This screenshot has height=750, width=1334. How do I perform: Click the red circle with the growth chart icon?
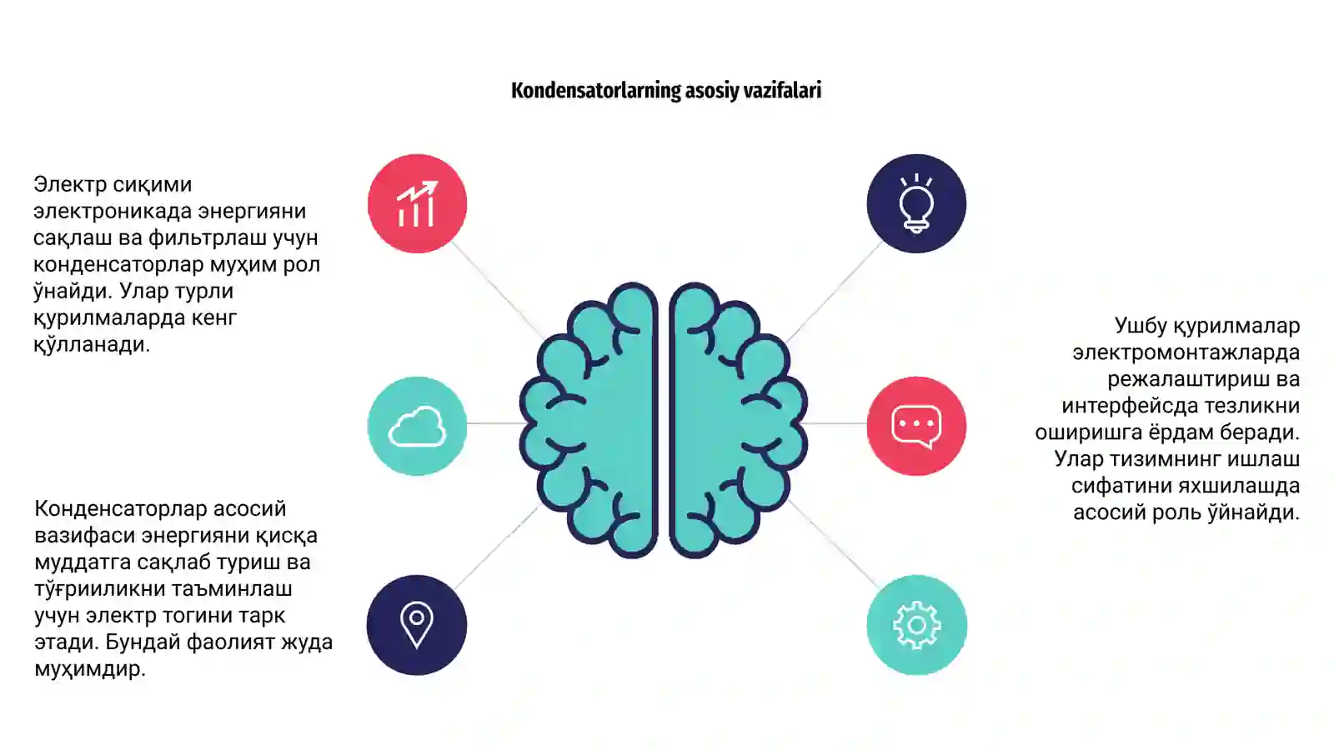point(417,203)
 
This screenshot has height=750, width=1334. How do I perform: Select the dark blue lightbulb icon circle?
point(916,203)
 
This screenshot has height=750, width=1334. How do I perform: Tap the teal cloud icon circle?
point(417,426)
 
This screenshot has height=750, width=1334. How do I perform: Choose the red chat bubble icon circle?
point(916,426)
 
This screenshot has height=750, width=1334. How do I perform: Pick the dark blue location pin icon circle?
point(417,625)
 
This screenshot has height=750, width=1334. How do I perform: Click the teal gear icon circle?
point(916,625)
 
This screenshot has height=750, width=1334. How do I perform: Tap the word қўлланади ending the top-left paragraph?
point(92,345)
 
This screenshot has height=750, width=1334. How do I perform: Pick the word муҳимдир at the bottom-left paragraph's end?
point(90,669)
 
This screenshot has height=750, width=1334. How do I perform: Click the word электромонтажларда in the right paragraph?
point(1186,353)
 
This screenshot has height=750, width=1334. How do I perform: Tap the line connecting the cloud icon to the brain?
point(495,423)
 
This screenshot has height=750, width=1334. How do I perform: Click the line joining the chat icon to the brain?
point(835,424)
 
